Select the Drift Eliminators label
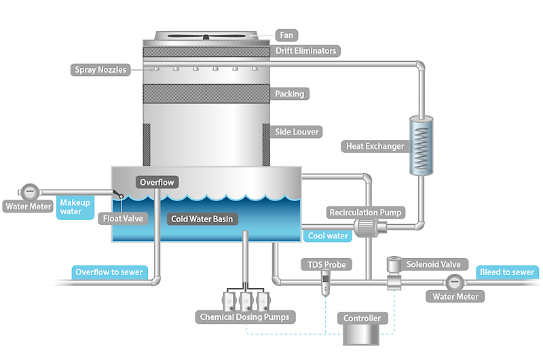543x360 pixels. pyautogui.click(x=305, y=51)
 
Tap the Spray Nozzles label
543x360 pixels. pyautogui.click(x=101, y=69)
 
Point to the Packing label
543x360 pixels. pyautogui.click(x=290, y=94)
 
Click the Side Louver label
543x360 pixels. pyautogui.click(x=297, y=131)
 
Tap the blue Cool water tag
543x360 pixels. pyautogui.click(x=328, y=236)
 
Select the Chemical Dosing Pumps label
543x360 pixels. pyautogui.click(x=244, y=317)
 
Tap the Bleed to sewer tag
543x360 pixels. pyautogui.click(x=506, y=272)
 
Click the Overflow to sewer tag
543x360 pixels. pyautogui.click(x=109, y=272)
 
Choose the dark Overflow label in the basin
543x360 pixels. pyautogui.click(x=157, y=182)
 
